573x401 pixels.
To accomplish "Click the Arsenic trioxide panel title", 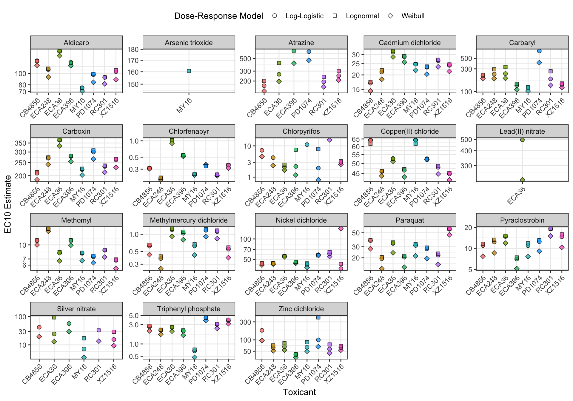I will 189,43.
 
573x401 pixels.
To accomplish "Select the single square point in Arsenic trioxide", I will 189,71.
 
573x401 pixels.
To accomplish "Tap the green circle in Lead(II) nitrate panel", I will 522,140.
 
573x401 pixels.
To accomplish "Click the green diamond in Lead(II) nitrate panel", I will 522,180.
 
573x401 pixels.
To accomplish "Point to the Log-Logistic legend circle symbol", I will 275,16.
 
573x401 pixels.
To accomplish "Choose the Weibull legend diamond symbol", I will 390,16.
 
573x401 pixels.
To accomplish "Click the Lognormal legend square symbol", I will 335,16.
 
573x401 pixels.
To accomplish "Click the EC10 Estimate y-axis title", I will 8,204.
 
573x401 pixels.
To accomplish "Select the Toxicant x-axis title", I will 299,392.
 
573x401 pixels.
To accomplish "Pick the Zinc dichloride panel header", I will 301,309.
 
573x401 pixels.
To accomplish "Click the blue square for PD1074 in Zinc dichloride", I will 318,317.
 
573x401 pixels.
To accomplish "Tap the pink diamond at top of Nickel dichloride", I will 341,229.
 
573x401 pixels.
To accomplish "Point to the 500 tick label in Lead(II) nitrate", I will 468,139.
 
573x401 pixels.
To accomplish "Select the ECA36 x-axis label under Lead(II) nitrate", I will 516,195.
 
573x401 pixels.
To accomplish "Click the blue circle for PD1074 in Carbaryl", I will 539,51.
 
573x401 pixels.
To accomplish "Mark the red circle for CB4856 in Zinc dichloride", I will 262,330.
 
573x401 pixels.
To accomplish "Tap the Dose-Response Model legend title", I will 218,16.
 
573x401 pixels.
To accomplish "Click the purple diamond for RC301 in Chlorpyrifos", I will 329,140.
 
